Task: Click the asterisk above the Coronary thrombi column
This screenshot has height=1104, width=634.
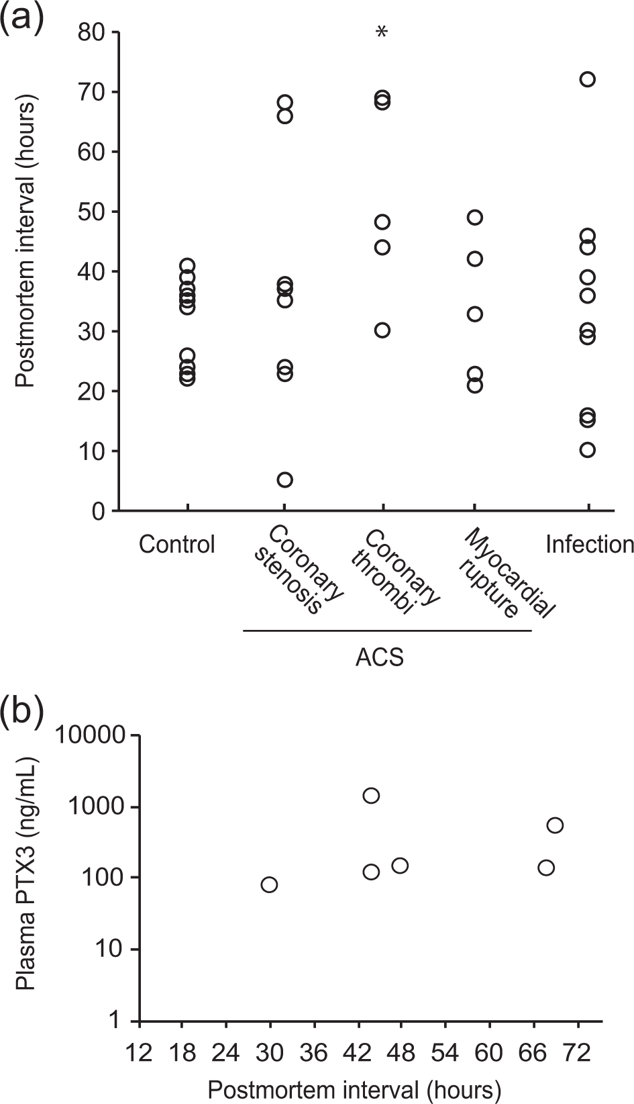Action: (x=382, y=32)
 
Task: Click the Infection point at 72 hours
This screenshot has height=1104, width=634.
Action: (x=587, y=79)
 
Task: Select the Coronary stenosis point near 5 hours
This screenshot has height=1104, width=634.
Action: (x=285, y=479)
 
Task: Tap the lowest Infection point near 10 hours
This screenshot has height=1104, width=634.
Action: (x=587, y=450)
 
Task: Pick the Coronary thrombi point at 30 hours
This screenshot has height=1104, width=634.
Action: (x=382, y=330)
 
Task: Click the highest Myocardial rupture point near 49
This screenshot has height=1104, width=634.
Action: (x=475, y=218)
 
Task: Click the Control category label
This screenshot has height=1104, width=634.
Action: (x=177, y=544)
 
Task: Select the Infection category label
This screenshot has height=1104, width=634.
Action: (x=589, y=544)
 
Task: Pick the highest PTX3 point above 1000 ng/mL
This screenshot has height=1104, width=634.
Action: (x=371, y=796)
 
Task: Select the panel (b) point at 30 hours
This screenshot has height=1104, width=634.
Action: (x=269, y=884)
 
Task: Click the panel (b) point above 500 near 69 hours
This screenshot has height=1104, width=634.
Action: (x=555, y=825)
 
